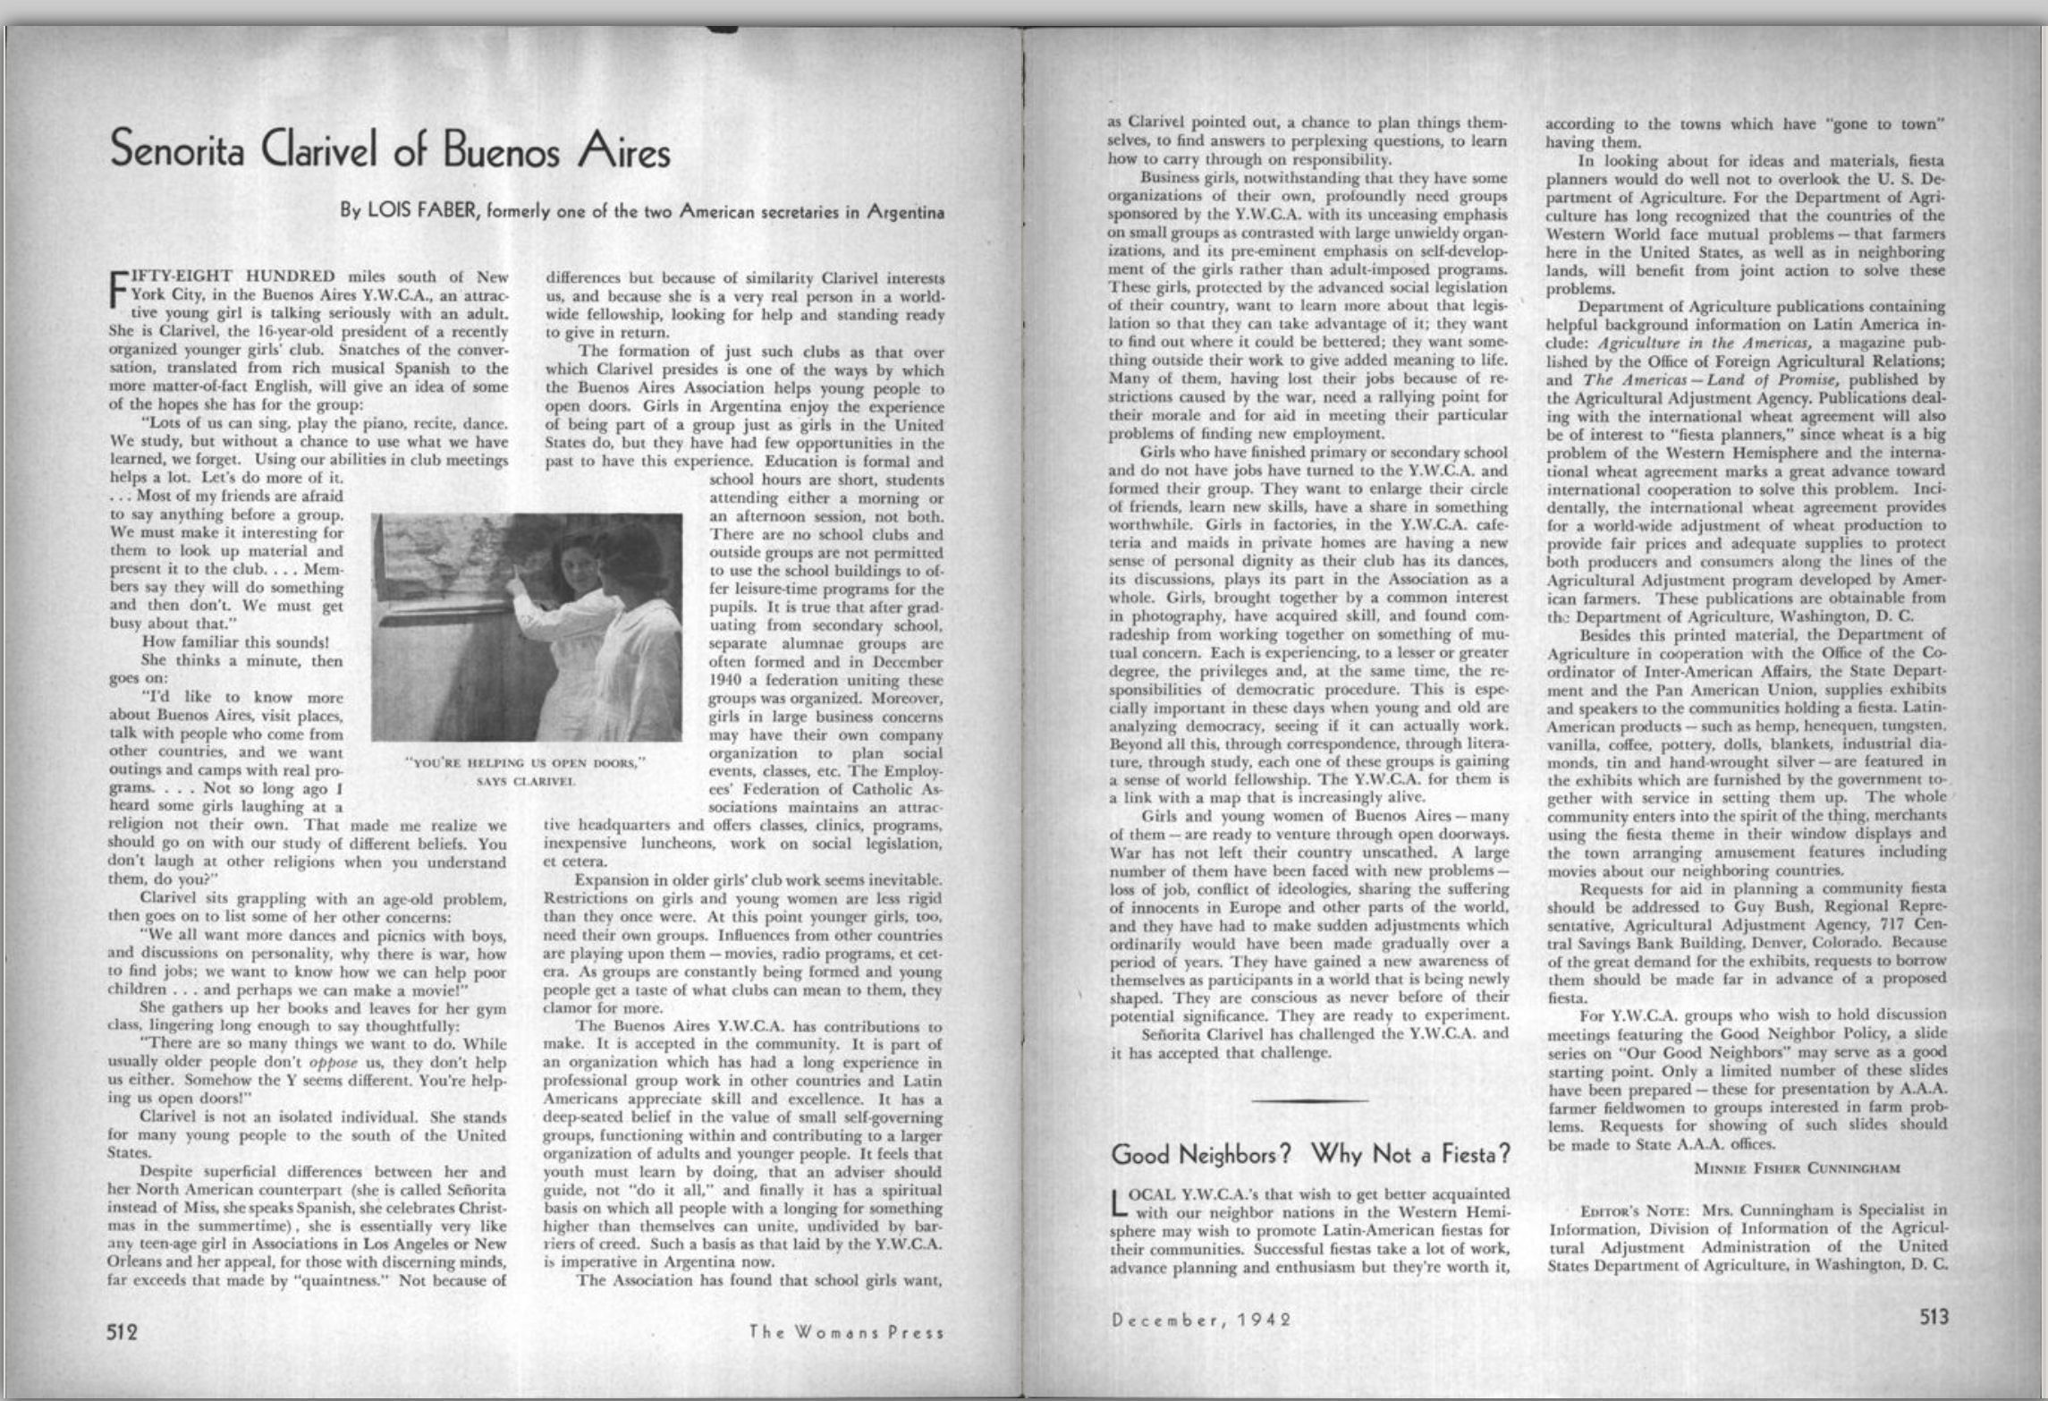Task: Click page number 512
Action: point(123,1330)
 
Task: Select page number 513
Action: point(1934,1317)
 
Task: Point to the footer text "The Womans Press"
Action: point(846,1332)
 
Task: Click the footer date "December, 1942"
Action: point(1202,1320)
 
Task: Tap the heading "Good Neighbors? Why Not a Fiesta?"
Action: point(1310,1155)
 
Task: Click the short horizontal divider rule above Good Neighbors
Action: point(1310,1100)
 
